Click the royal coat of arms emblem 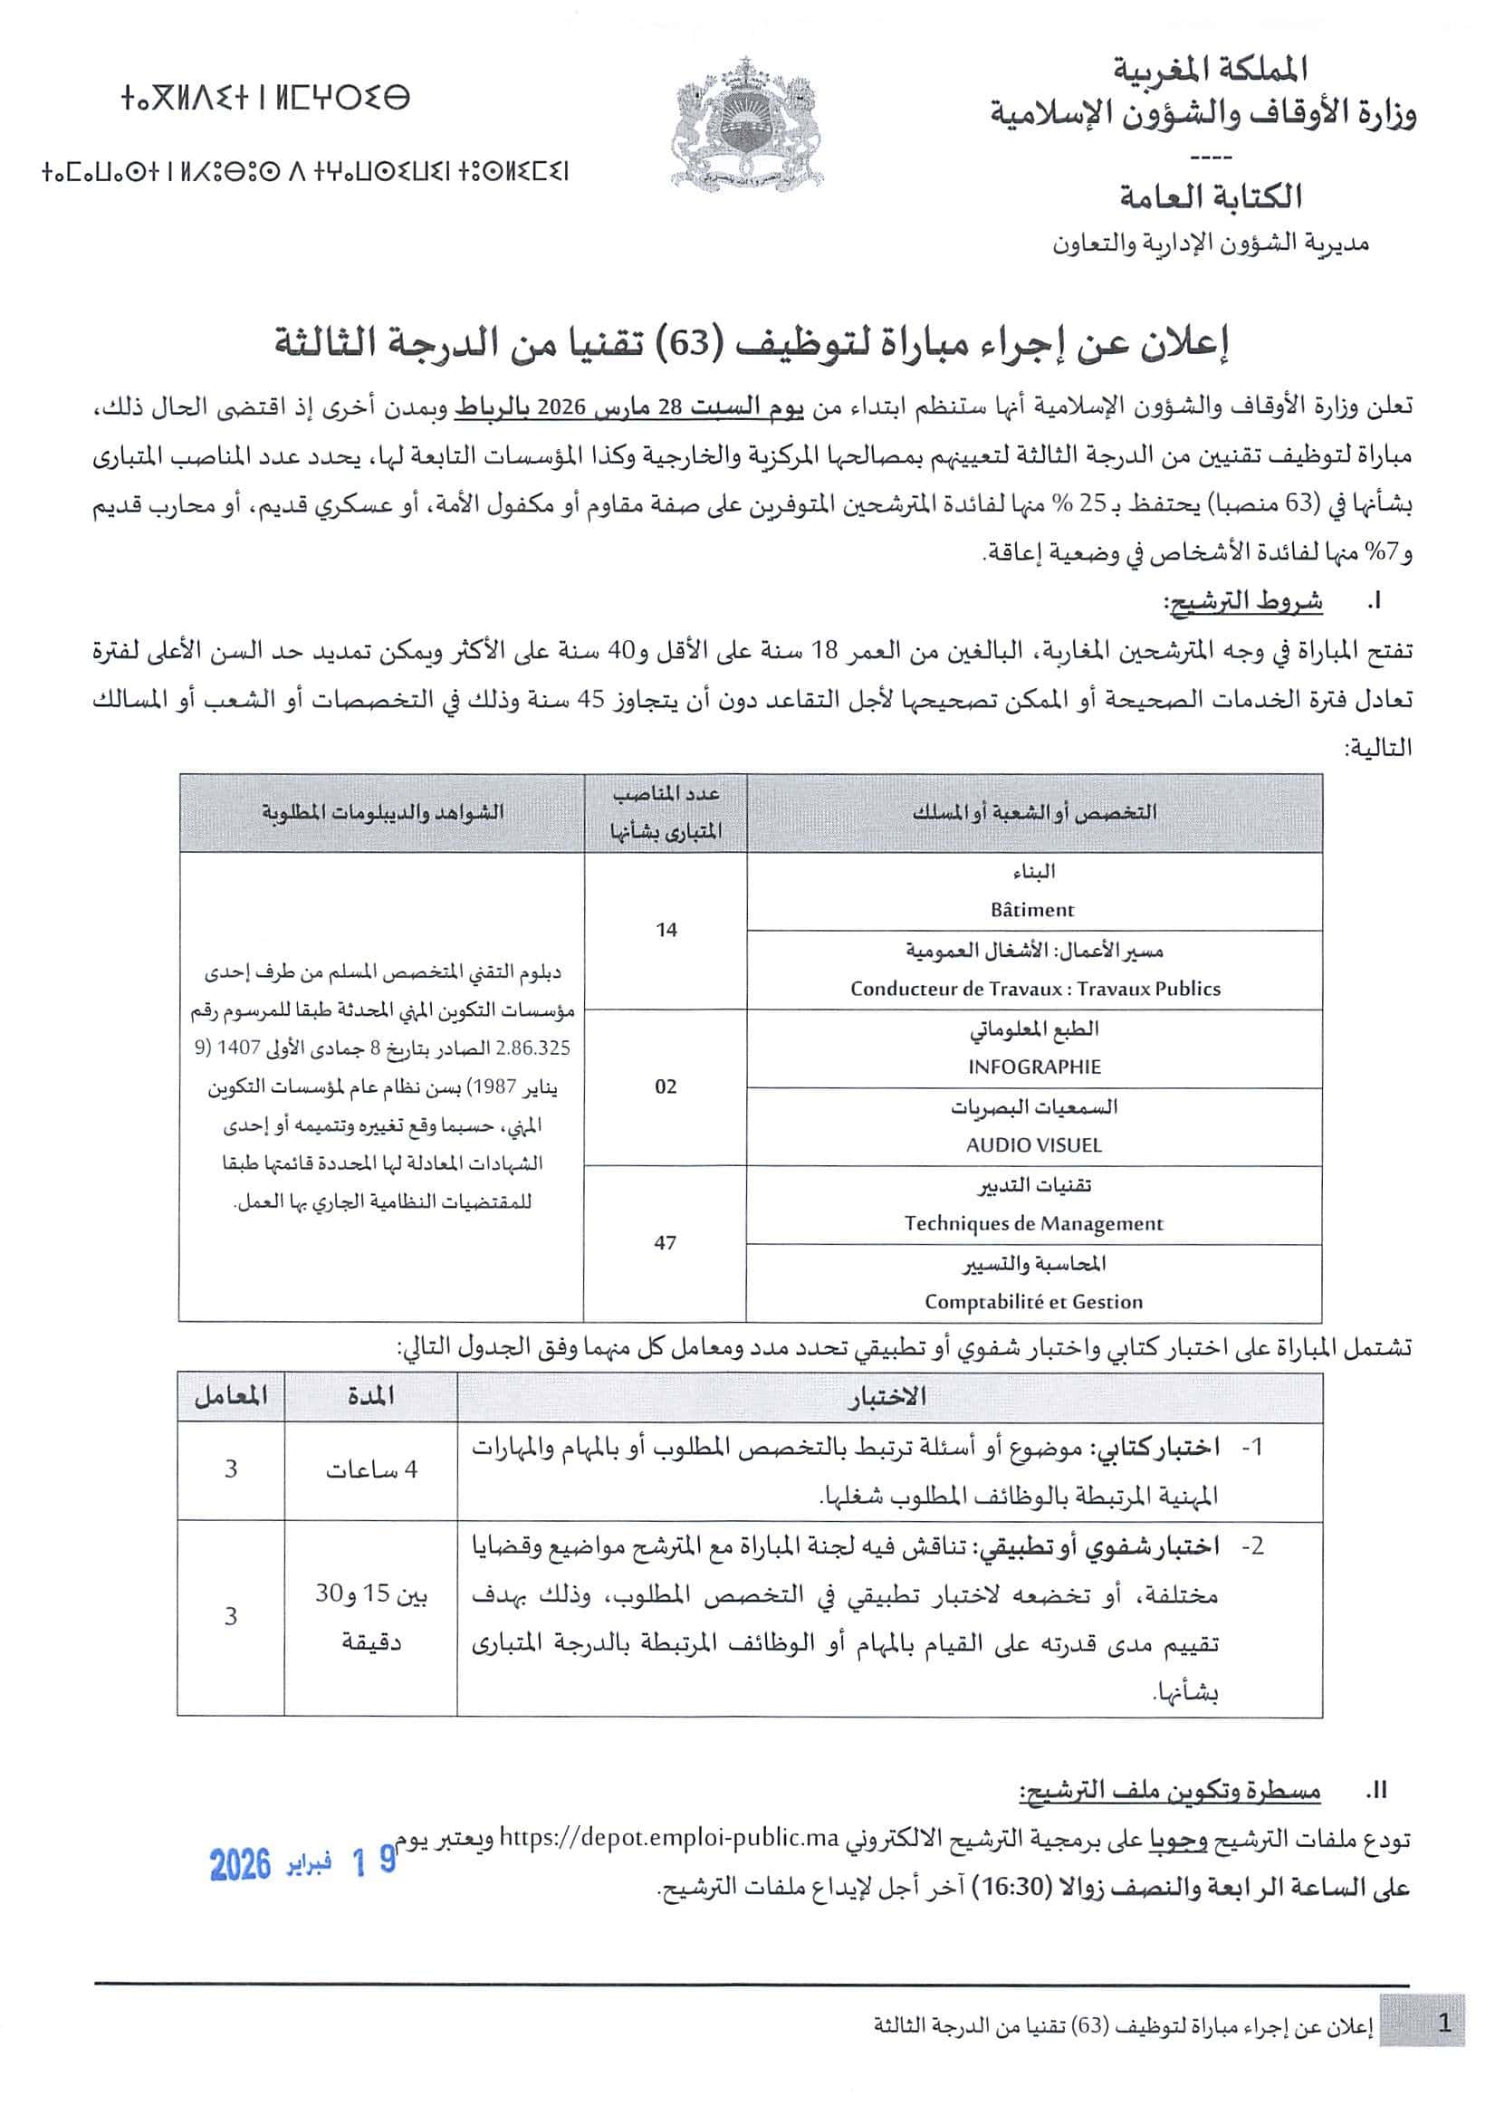click(x=746, y=120)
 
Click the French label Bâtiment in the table click(x=1032, y=910)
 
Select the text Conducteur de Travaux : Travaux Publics click(x=1035, y=989)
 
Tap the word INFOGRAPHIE click(x=1034, y=1067)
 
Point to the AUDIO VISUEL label click(x=1033, y=1145)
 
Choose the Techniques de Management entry click(x=1033, y=1223)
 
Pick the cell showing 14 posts click(x=666, y=930)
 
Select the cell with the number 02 click(x=665, y=1086)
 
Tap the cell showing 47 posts click(x=665, y=1242)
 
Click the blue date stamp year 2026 click(x=240, y=1866)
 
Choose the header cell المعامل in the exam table click(x=230, y=1397)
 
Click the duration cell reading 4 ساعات click(x=370, y=1470)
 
